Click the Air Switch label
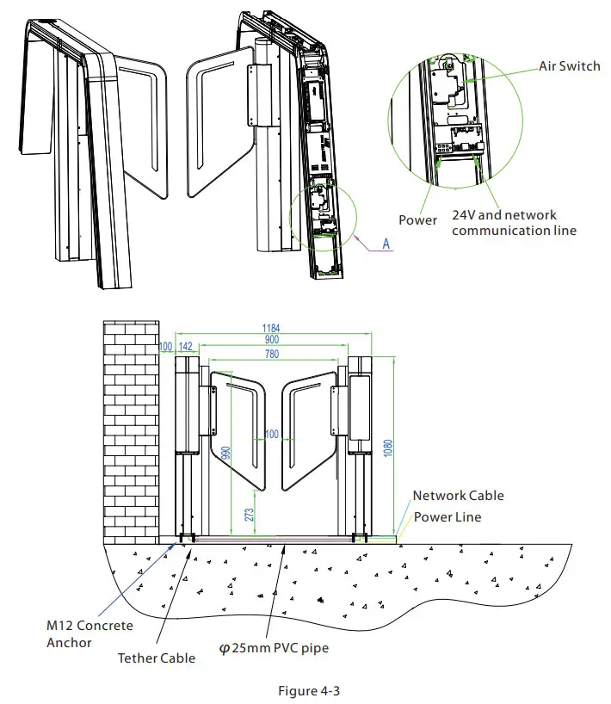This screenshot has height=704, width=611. pyautogui.click(x=569, y=66)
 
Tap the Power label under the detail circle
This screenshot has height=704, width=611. pyautogui.click(x=417, y=220)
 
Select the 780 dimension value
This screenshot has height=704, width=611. pyautogui.click(x=272, y=353)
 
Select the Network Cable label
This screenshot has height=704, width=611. pyautogui.click(x=458, y=496)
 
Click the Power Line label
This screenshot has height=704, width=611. pyautogui.click(x=447, y=517)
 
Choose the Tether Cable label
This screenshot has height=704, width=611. pyautogui.click(x=157, y=658)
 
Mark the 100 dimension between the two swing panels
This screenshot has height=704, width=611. pyautogui.click(x=272, y=435)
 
